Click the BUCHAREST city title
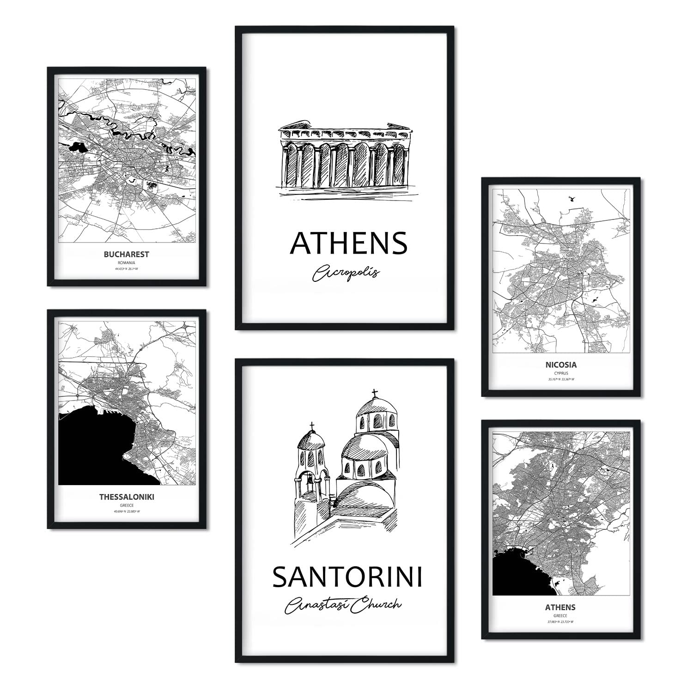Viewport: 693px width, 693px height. (x=126, y=254)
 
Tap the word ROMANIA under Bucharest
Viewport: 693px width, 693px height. (x=126, y=262)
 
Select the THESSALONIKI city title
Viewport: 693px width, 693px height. (x=127, y=498)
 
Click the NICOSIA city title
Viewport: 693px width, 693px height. (x=560, y=365)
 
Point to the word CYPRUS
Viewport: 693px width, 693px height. (x=561, y=373)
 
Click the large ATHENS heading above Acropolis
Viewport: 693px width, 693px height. (x=348, y=243)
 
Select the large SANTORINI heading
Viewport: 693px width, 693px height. (x=347, y=577)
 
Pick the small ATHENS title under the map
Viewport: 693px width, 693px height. (x=560, y=607)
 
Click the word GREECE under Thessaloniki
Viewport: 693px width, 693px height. (x=127, y=505)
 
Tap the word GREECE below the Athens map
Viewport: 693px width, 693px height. (x=560, y=615)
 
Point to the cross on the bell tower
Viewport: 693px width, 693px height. (x=312, y=426)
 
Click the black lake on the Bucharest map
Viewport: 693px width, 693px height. (x=76, y=148)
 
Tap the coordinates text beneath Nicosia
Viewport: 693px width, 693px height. (x=561, y=380)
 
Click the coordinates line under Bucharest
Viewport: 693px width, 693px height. (x=126, y=269)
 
